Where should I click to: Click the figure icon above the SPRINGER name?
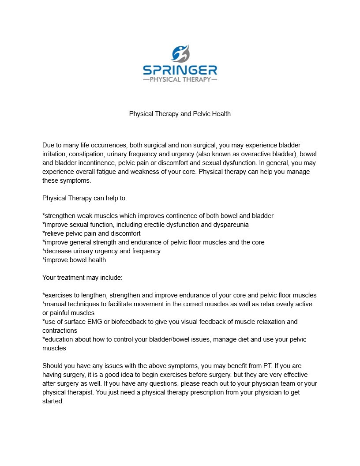pyautogui.click(x=180, y=54)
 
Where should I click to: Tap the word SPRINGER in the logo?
pyautogui.click(x=180, y=70)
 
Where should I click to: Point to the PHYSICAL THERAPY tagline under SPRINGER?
pyautogui.click(x=180, y=80)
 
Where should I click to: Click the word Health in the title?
pyautogui.click(x=221, y=114)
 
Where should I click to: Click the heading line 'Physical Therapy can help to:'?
pyautogui.click(x=85, y=198)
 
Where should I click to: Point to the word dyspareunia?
pyautogui.click(x=231, y=225)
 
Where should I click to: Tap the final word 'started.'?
pyautogui.click(x=53, y=401)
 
